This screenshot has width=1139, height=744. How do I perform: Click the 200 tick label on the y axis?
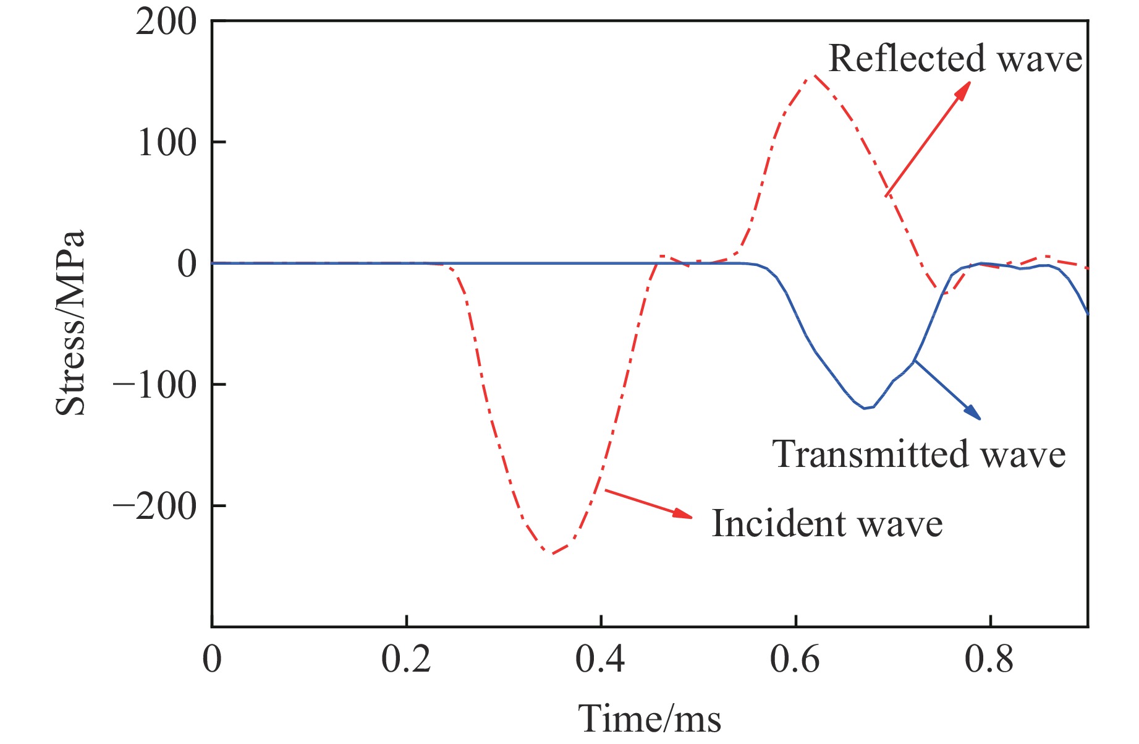click(166, 24)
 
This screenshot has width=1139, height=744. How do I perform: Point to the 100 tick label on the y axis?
click(166, 143)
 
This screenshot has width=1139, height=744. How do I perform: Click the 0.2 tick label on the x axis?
click(405, 660)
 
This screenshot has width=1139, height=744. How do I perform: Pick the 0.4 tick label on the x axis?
click(600, 660)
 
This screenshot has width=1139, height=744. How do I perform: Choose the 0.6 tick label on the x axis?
click(795, 660)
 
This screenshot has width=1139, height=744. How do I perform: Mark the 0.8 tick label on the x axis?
click(989, 660)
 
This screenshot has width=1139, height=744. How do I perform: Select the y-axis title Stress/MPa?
click(70, 323)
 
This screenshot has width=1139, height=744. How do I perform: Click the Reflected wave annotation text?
click(955, 59)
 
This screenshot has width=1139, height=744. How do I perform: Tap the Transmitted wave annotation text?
click(919, 455)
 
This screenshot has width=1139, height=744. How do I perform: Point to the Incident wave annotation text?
click(827, 524)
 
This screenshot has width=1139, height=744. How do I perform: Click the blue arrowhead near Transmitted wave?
click(973, 413)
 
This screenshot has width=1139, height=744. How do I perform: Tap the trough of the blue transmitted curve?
click(865, 408)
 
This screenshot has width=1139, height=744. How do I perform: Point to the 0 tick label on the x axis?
click(212, 660)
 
